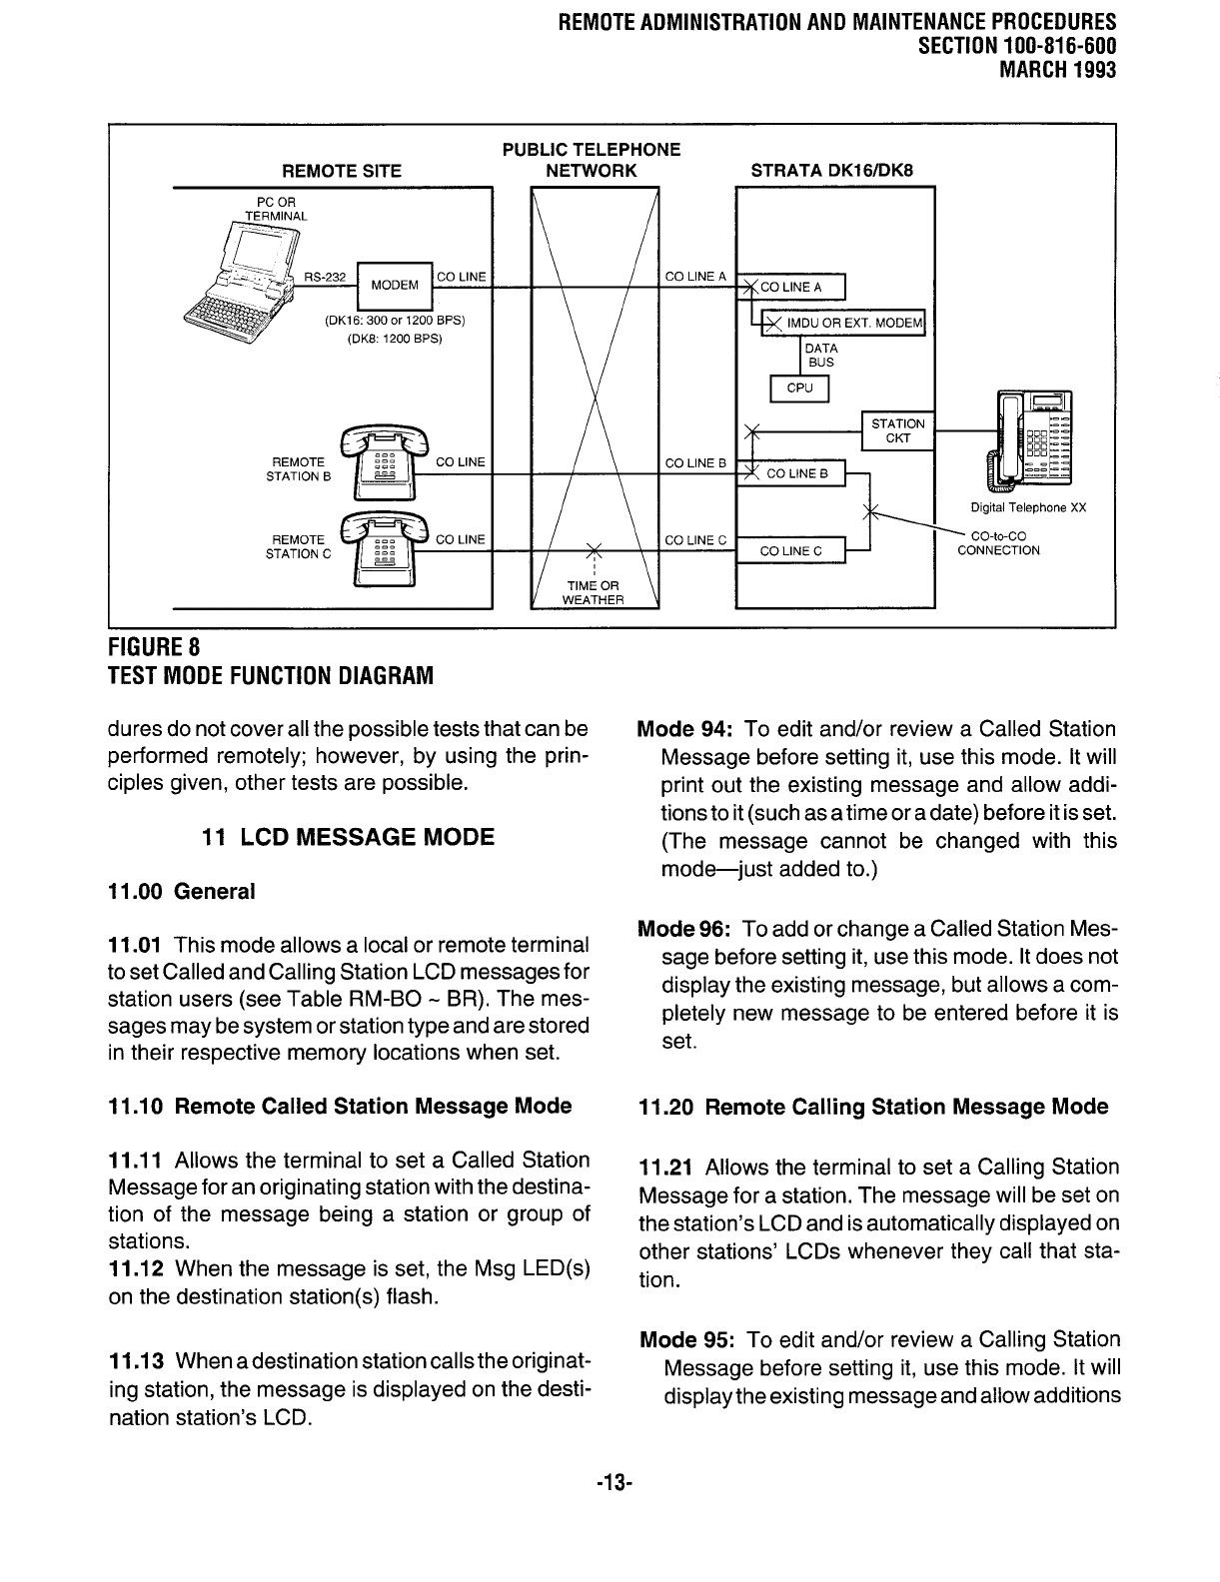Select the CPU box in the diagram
(799, 389)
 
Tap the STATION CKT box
(897, 430)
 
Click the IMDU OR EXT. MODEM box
(844, 322)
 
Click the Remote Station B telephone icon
(383, 465)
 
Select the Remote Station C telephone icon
(383, 547)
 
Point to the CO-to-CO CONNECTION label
(998, 543)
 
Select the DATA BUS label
(820, 356)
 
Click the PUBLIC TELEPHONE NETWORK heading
(591, 160)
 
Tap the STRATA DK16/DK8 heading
(830, 171)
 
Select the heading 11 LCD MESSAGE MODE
(348, 837)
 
